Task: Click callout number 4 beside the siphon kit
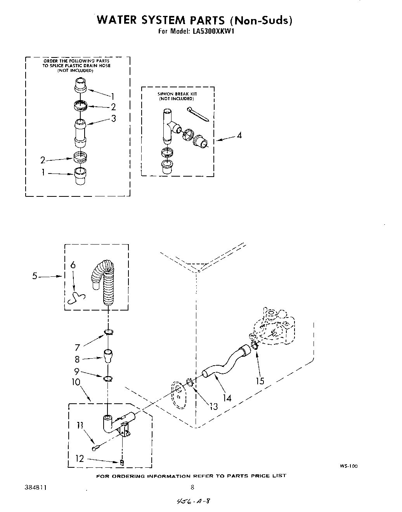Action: tap(239, 135)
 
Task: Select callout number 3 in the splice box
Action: tap(113, 119)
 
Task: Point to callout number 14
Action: tap(227, 397)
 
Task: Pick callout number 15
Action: tap(260, 381)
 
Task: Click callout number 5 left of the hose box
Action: tap(35, 276)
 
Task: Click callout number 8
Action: tap(77, 359)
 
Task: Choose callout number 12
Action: tap(80, 459)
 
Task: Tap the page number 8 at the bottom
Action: tap(192, 488)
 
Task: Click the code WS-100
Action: tap(350, 466)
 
